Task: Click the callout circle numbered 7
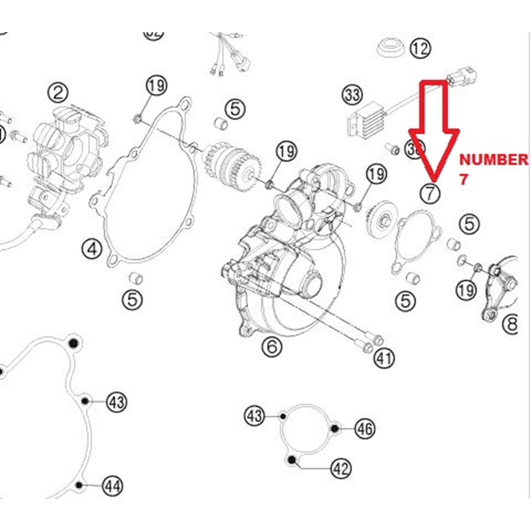(430, 193)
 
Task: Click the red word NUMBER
(493, 160)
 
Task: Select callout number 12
(420, 48)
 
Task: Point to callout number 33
(352, 95)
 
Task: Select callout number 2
(58, 93)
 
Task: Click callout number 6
(272, 346)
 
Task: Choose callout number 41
(384, 358)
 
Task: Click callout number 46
(365, 429)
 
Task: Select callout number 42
(341, 469)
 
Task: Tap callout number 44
(113, 486)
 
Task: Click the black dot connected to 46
(334, 428)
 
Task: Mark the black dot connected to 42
(292, 460)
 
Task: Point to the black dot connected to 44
(79, 485)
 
